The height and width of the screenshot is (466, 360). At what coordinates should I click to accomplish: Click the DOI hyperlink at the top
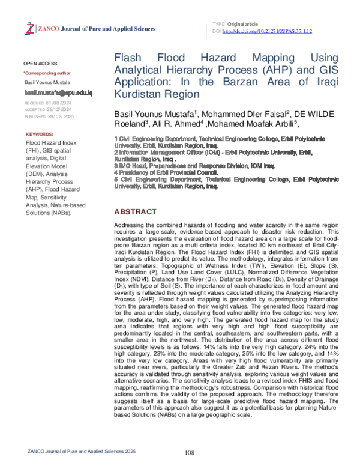point(257,30)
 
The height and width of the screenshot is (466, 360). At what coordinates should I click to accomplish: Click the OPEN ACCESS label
point(40,63)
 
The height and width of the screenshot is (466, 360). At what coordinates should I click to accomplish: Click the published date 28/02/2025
point(65,118)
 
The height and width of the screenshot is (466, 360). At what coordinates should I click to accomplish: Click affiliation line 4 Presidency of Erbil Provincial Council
point(166,172)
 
